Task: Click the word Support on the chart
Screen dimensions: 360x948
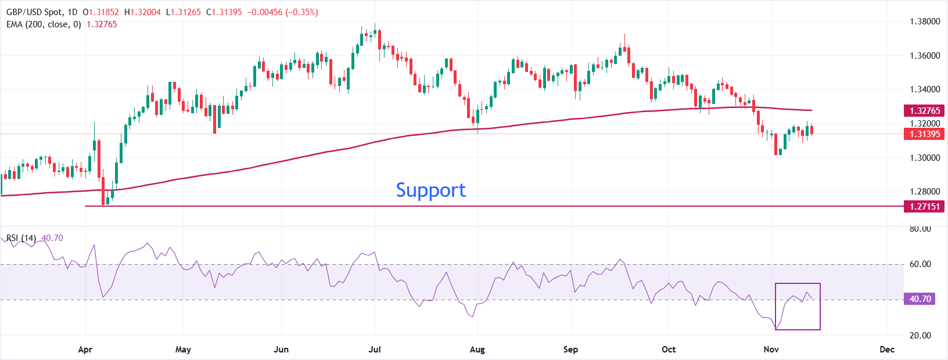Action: pos(430,190)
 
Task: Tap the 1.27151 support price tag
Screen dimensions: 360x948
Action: pos(924,206)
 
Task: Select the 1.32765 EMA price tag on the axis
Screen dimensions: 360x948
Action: pos(924,110)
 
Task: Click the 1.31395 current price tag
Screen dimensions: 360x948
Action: pos(924,134)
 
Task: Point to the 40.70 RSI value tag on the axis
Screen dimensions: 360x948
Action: pos(920,299)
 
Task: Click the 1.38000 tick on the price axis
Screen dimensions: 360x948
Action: pos(924,21)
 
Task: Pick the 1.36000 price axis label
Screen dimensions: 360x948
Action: pos(924,56)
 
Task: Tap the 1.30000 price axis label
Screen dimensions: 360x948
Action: pos(924,158)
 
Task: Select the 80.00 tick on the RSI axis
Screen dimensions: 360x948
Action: pos(920,229)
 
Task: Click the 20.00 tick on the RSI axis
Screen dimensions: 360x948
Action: pos(920,335)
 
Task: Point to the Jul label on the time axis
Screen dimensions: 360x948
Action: pos(375,350)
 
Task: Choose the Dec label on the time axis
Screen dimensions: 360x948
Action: pos(887,350)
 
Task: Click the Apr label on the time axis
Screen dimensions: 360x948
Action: pos(85,350)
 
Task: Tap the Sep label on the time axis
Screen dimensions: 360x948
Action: pos(570,350)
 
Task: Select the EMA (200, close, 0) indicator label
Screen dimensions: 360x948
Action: pos(44,24)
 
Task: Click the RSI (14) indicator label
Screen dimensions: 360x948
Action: pos(21,238)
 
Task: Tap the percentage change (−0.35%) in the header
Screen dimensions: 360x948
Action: pos(301,12)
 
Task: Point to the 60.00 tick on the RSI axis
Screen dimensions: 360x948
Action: pos(920,264)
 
